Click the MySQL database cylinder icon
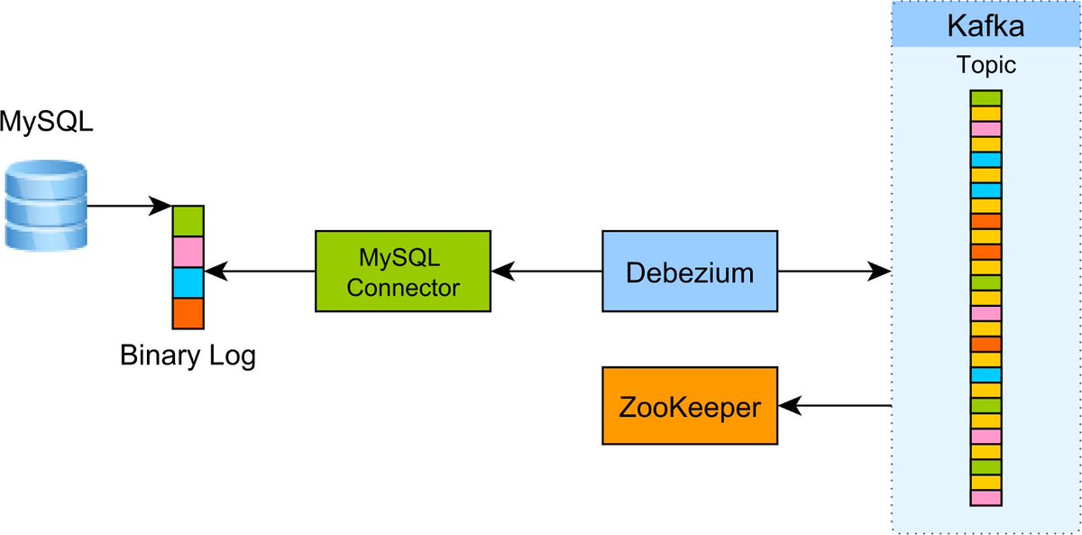(x=45, y=206)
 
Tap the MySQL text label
(x=46, y=121)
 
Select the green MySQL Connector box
(x=403, y=272)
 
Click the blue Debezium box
(x=690, y=272)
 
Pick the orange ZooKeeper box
(x=690, y=406)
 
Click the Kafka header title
(x=985, y=25)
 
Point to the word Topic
(x=986, y=65)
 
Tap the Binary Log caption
(x=188, y=355)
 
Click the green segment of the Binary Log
(x=188, y=221)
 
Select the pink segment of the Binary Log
(x=188, y=252)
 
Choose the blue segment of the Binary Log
(x=188, y=282)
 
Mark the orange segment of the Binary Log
(x=188, y=313)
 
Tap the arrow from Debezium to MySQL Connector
(x=546, y=271)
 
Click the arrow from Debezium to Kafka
(x=834, y=271)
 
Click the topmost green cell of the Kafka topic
(x=986, y=98)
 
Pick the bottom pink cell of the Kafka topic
(x=986, y=498)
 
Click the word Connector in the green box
(x=403, y=288)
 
